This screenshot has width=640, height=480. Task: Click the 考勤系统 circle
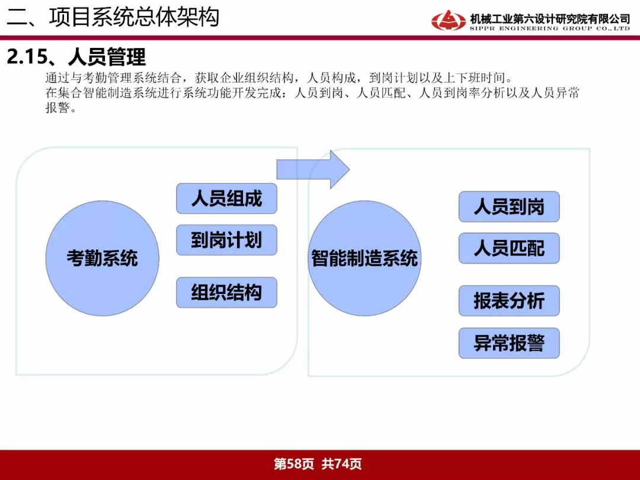tap(102, 258)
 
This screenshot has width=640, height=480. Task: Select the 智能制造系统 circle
tap(364, 258)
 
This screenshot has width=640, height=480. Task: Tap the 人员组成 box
tap(226, 199)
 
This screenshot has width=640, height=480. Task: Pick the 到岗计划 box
tap(226, 239)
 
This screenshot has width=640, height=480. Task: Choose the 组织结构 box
tap(226, 292)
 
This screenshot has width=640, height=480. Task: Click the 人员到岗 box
tap(509, 207)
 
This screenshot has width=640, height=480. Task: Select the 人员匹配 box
tap(509, 248)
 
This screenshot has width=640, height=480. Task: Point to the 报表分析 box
tap(509, 301)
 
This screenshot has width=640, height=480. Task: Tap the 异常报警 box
tap(509, 343)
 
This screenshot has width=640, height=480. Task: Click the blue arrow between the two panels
tap(313, 169)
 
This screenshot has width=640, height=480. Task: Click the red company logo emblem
tap(448, 20)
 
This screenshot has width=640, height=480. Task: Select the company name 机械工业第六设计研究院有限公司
tap(550, 18)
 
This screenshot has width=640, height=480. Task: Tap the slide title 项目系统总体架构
tap(135, 17)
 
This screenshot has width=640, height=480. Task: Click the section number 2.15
tap(27, 56)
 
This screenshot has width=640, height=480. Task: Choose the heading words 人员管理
tap(107, 56)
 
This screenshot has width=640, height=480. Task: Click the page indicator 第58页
tap(294, 463)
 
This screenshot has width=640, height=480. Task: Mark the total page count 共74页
tap(341, 463)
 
